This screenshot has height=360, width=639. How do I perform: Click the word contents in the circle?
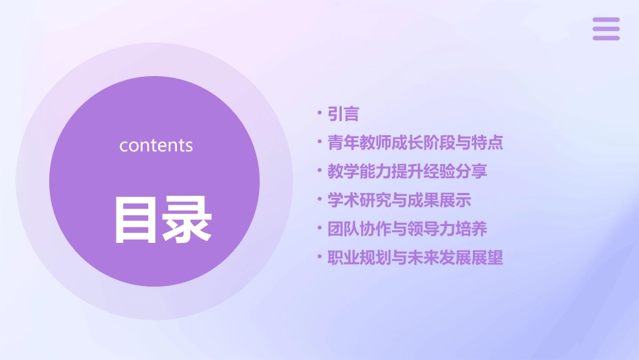pyautogui.click(x=156, y=145)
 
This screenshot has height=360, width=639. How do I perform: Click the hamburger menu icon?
pyautogui.click(x=606, y=29)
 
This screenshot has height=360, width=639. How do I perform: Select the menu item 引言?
pyautogui.click(x=343, y=114)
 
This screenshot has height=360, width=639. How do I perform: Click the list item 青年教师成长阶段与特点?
pyautogui.click(x=415, y=143)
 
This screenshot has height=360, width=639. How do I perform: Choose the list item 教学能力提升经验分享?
pyautogui.click(x=407, y=172)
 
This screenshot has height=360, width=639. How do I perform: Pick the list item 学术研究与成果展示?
pyautogui.click(x=399, y=200)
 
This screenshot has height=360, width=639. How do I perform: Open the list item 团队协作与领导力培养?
pyautogui.click(x=407, y=229)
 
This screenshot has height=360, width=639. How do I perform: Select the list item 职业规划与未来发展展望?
pyautogui.click(x=415, y=258)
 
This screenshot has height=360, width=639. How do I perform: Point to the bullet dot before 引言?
pyautogui.click(x=320, y=114)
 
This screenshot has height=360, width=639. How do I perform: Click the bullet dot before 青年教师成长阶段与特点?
pyautogui.click(x=320, y=143)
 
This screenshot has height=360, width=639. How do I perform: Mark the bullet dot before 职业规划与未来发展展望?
pyautogui.click(x=320, y=258)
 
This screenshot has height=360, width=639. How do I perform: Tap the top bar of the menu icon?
pyautogui.click(x=606, y=20)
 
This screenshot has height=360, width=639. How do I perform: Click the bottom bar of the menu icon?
pyautogui.click(x=606, y=38)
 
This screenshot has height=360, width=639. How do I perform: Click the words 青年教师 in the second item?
pyautogui.click(x=359, y=143)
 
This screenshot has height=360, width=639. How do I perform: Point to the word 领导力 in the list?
pyautogui.click(x=431, y=229)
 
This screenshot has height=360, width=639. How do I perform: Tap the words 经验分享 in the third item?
pyautogui.click(x=455, y=172)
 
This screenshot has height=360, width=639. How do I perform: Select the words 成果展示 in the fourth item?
pyautogui.click(x=439, y=200)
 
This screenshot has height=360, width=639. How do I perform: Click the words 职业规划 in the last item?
pyautogui.click(x=359, y=258)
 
